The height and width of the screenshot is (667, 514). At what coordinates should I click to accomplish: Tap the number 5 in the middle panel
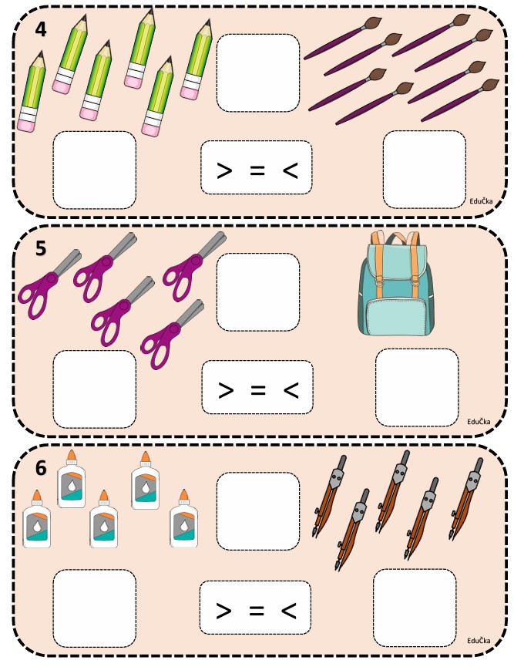(42, 248)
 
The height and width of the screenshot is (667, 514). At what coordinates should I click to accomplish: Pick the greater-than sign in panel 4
(224, 170)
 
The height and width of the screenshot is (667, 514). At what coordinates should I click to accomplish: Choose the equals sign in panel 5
(257, 390)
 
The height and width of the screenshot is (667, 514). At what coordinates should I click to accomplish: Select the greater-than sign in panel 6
(223, 611)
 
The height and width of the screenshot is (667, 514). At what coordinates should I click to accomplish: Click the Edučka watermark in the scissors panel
(479, 421)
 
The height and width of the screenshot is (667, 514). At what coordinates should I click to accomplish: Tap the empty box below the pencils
(94, 170)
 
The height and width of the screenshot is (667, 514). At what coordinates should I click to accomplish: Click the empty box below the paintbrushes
(424, 169)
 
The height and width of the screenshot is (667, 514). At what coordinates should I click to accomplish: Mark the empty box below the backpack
(417, 387)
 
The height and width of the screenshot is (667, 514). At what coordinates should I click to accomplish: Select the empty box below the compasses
(415, 608)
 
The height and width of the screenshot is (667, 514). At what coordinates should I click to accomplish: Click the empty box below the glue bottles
(94, 608)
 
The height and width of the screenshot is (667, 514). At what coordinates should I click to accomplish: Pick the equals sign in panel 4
(257, 170)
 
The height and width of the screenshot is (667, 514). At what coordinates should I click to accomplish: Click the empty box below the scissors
(94, 389)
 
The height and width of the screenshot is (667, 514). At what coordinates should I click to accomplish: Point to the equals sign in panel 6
(256, 611)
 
